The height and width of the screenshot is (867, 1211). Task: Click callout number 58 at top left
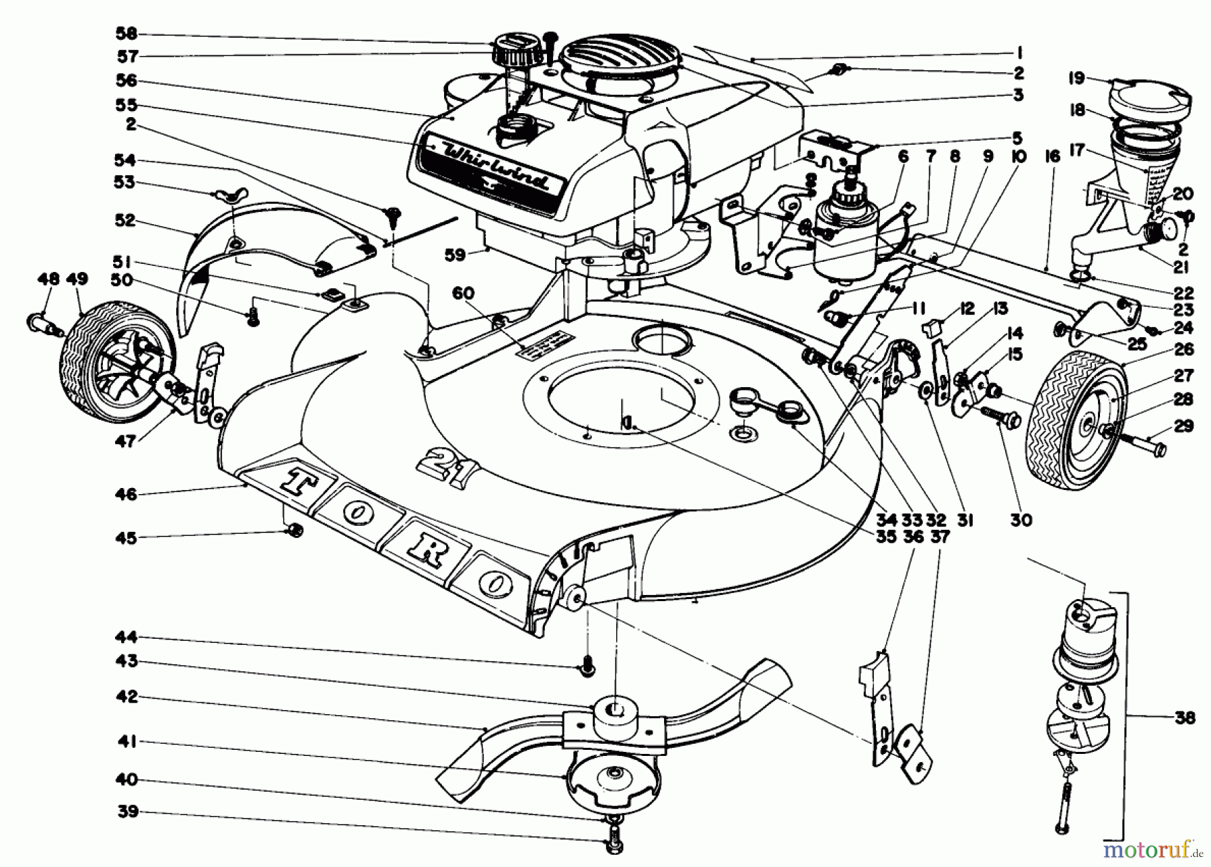pyautogui.click(x=126, y=34)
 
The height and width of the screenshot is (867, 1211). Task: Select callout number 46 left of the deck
pyautogui.click(x=126, y=495)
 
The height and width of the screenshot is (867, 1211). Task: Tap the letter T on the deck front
pyautogui.click(x=297, y=481)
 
